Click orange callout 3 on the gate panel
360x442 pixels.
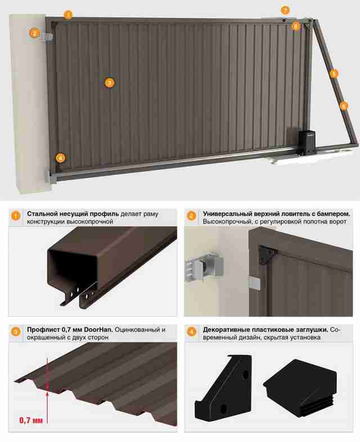tap(109, 83)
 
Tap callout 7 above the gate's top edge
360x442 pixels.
tap(285, 11)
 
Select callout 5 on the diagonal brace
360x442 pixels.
tap(334, 74)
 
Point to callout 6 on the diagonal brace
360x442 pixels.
tap(343, 106)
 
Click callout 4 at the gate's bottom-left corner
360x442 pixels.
tap(60, 158)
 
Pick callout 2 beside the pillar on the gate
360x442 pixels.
tap(34, 33)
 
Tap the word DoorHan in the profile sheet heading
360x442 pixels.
tap(98, 329)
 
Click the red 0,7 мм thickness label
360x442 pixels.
tap(31, 420)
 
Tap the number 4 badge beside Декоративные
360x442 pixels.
tap(191, 332)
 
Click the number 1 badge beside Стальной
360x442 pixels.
tap(16, 216)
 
